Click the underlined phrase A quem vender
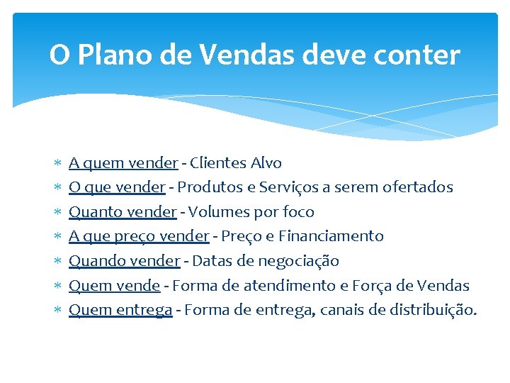123,163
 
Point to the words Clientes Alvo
236,163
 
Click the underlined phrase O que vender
117,187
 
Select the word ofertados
418,187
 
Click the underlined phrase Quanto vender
123,212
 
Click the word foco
298,212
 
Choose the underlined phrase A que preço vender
139,236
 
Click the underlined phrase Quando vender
124,261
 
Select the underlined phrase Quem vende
114,286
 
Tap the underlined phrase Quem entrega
120,310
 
